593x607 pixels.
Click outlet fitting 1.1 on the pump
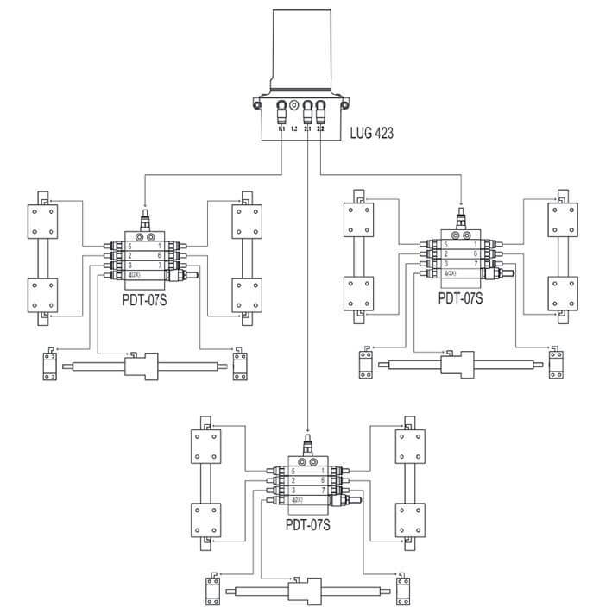pyautogui.click(x=281, y=112)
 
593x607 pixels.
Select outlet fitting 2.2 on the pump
pyautogui.click(x=321, y=112)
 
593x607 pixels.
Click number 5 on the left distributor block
pyautogui.click(x=131, y=245)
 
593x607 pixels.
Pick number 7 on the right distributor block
pyautogui.click(x=476, y=264)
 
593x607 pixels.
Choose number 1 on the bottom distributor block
pyautogui.click(x=323, y=471)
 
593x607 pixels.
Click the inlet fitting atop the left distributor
pyautogui.click(x=144, y=218)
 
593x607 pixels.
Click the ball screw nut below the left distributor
pyautogui.click(x=142, y=366)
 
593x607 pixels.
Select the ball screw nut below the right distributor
pyautogui.click(x=457, y=366)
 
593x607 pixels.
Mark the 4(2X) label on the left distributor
pyautogui.click(x=136, y=274)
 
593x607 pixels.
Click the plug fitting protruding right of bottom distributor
pyautogui.click(x=351, y=499)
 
